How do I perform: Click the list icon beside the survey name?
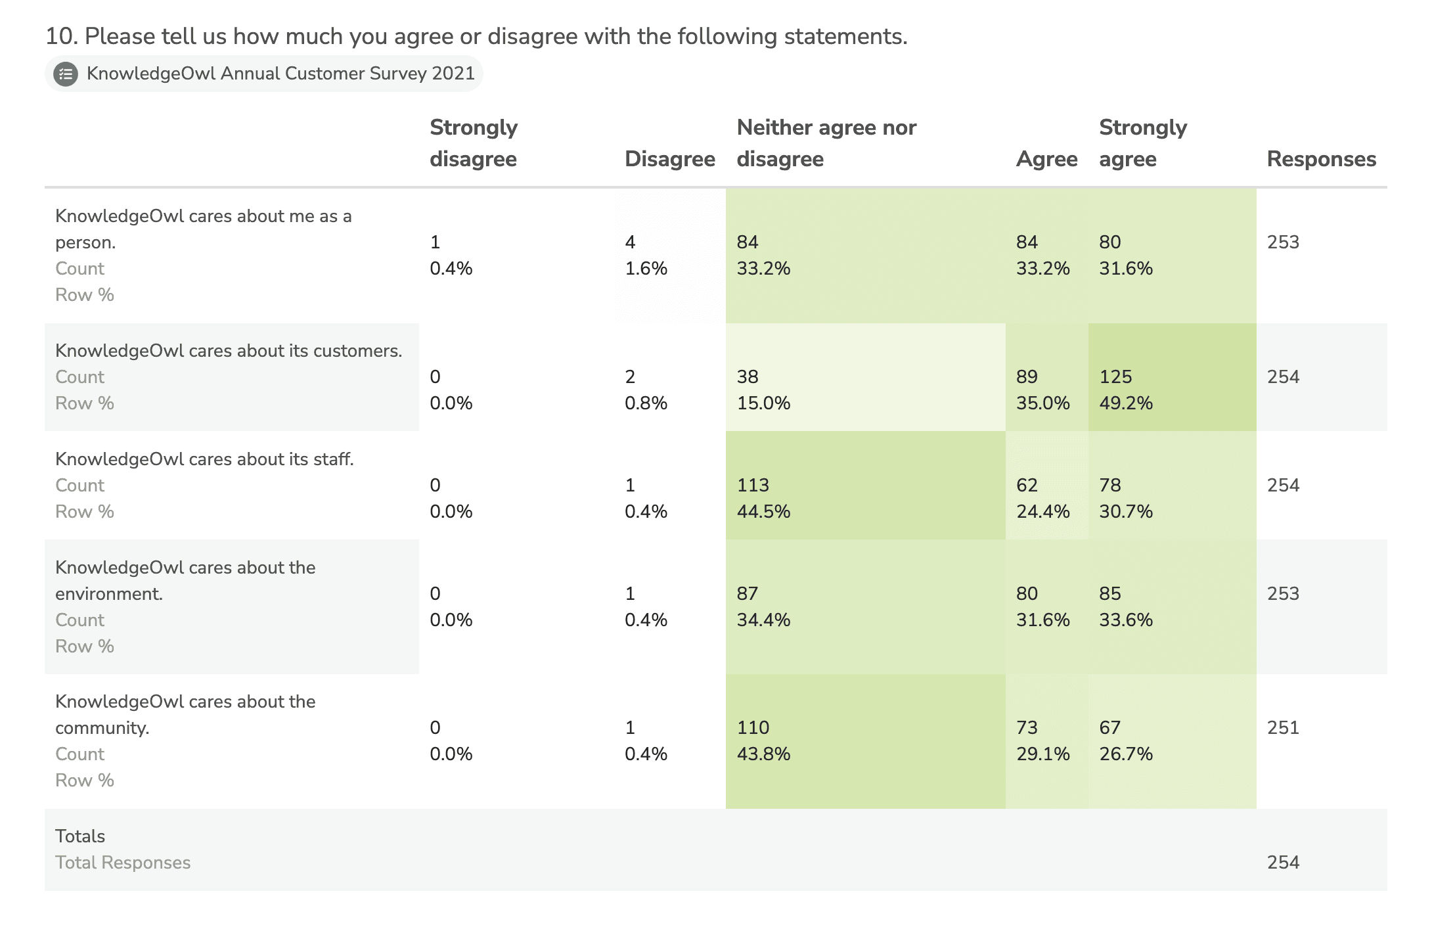click(66, 74)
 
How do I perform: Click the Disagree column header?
click(669, 159)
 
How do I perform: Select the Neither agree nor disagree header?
click(826, 143)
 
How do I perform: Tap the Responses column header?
click(1321, 159)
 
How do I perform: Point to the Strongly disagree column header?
click(474, 143)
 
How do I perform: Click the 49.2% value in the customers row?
click(1126, 403)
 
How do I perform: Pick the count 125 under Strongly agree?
click(1115, 376)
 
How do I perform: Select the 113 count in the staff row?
click(753, 485)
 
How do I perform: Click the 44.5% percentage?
click(763, 511)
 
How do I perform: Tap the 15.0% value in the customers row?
click(763, 403)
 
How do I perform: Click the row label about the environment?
click(185, 580)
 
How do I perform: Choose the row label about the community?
click(185, 714)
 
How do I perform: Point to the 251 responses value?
click(1283, 727)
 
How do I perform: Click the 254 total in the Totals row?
click(1283, 862)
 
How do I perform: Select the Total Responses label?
click(123, 862)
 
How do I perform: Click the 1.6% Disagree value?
click(646, 268)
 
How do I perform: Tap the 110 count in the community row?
click(753, 727)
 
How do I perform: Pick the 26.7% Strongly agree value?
click(1126, 754)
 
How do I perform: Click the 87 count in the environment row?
click(748, 593)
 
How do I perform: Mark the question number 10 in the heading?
click(61, 36)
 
